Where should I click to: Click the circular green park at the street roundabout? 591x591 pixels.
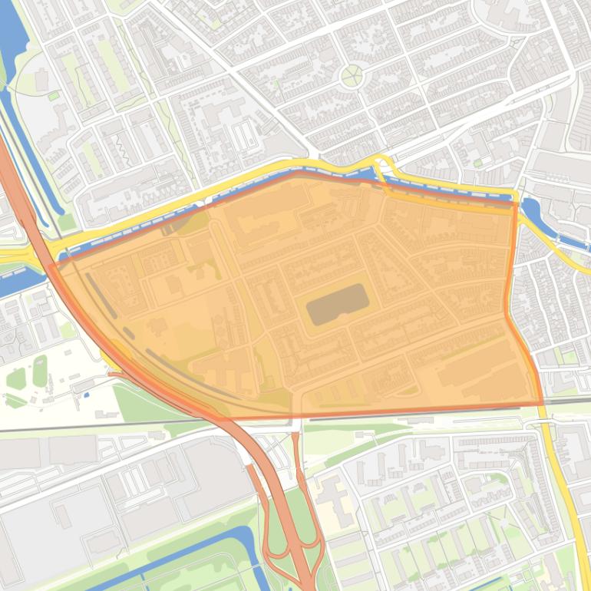[352, 75]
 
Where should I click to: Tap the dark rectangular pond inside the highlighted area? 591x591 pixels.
[337, 304]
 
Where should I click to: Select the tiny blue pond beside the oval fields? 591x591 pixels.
[86, 395]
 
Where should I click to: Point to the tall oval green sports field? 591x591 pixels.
[40, 370]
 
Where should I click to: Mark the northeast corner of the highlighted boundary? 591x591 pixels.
[513, 204]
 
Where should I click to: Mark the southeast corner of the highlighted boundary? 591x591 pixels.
[543, 403]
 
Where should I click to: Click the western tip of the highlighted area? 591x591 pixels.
[51, 266]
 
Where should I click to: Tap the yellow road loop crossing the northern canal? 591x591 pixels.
[381, 164]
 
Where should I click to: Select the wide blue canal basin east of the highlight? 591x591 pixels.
[531, 210]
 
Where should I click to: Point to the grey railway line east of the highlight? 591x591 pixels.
[568, 401]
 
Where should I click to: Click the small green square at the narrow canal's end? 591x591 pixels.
[53, 96]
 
